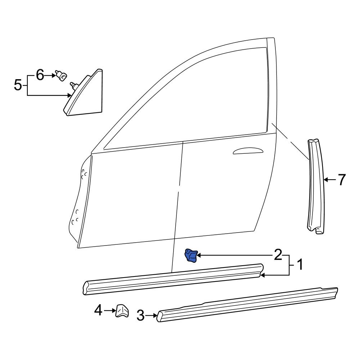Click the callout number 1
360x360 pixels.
pyautogui.click(x=299, y=266)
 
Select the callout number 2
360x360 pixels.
pyautogui.click(x=278, y=255)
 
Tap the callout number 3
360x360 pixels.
pyautogui.click(x=141, y=316)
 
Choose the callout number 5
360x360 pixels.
pyautogui.click(x=18, y=86)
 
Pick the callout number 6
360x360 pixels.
pyautogui.click(x=40, y=76)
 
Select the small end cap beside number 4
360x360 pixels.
pyautogui.click(x=122, y=310)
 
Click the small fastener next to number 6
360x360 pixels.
pyautogui.click(x=62, y=76)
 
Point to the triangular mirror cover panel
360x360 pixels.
pyautogui.click(x=86, y=95)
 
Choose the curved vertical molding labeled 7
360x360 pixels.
pyautogui.click(x=315, y=187)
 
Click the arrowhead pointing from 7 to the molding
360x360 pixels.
pyautogui.click(x=325, y=179)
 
